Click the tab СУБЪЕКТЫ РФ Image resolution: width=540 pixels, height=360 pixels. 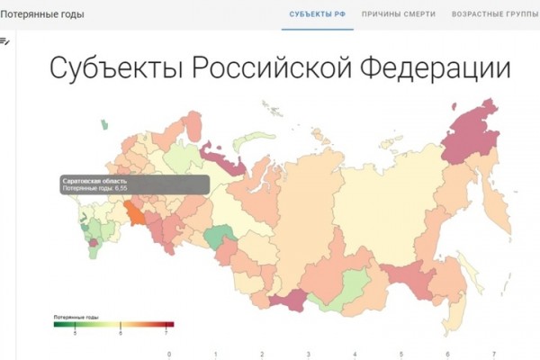click(x=317, y=14)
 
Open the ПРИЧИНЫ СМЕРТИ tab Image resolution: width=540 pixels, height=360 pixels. click(x=399, y=14)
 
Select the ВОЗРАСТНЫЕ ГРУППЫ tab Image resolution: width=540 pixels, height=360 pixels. click(x=495, y=14)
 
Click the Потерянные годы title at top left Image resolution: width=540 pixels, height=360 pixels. click(x=35, y=14)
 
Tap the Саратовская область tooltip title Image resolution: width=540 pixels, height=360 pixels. click(x=87, y=181)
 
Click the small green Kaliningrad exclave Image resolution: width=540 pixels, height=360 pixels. click(x=105, y=126)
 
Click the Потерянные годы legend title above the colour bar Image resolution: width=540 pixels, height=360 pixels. click(x=76, y=318)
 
